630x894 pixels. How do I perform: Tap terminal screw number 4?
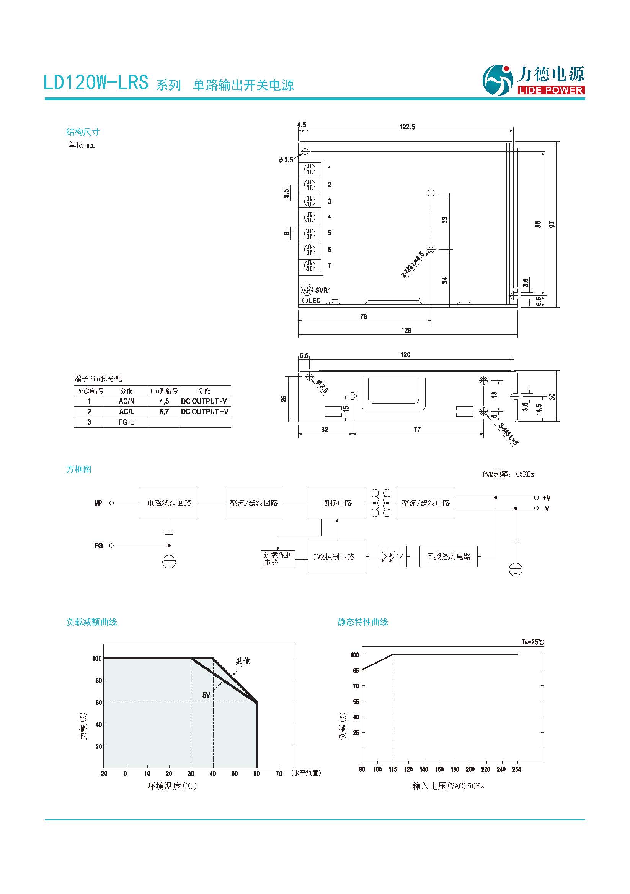point(310,217)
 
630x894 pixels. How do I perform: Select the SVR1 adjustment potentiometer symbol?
point(307,290)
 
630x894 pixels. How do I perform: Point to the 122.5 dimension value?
point(406,127)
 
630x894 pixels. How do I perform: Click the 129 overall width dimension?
point(406,330)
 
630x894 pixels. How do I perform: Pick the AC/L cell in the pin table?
point(126,412)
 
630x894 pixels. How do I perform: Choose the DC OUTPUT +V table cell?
point(205,412)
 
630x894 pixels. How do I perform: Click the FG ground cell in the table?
point(126,422)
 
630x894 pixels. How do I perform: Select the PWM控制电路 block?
point(337,557)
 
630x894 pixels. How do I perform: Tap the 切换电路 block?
point(337,503)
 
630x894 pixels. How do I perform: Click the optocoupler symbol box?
point(393,557)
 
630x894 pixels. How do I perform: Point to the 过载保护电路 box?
point(277,559)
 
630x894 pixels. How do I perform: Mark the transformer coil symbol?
point(381,503)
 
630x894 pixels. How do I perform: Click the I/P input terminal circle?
point(111,503)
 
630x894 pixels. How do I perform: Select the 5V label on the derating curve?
point(206,695)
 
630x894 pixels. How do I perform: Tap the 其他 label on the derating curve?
point(243,661)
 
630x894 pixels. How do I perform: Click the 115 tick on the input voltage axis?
point(393,769)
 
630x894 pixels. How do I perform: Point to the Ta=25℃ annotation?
point(532,642)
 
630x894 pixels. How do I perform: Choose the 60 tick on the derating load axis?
point(99,703)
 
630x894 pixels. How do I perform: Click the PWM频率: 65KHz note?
point(508,474)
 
